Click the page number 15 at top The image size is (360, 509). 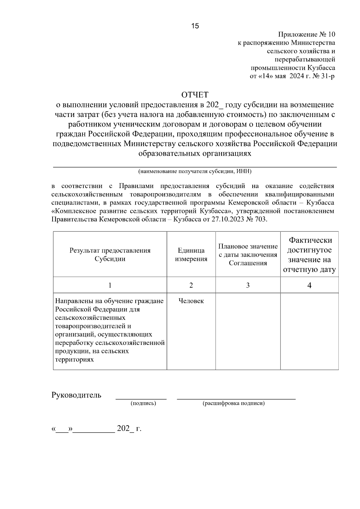pyautogui.click(x=195, y=26)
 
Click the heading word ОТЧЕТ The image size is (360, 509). pyautogui.click(x=195, y=95)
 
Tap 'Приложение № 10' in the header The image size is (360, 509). pyautogui.click(x=307, y=34)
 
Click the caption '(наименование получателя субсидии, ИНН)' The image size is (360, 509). pyautogui.click(x=195, y=172)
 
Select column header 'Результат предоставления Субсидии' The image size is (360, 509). pyautogui.click(x=110, y=254)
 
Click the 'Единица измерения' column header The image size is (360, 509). pyautogui.click(x=191, y=254)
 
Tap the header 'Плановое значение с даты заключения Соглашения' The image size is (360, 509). pyautogui.click(x=248, y=255)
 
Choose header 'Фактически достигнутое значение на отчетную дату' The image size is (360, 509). pyautogui.click(x=309, y=255)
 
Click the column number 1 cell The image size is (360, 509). pyautogui.click(x=110, y=285)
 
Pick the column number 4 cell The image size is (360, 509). pyautogui.click(x=309, y=285)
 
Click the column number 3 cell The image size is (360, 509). pyautogui.click(x=248, y=285)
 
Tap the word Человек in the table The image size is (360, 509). pyautogui.click(x=191, y=301)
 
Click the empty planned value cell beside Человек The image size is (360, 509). pyautogui.click(x=248, y=331)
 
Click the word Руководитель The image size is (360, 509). pyautogui.click(x=76, y=395)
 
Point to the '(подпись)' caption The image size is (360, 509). pyautogui.click(x=143, y=403)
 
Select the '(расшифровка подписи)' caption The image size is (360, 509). pyautogui.click(x=234, y=403)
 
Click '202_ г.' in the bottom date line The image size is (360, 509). pyautogui.click(x=129, y=428)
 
